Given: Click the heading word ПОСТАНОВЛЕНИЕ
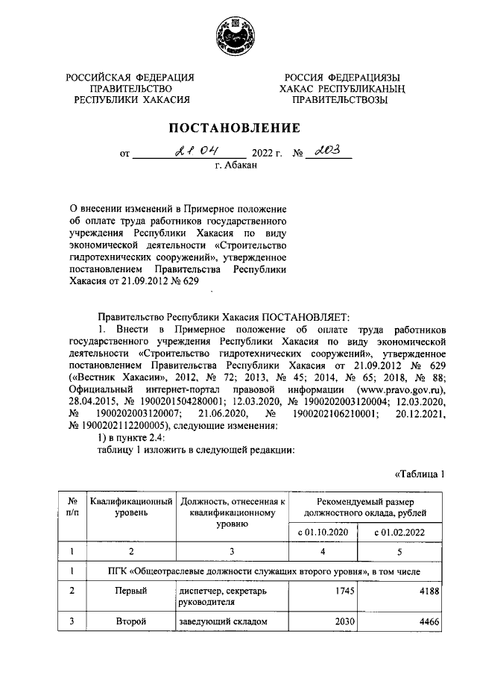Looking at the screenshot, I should coord(238,128).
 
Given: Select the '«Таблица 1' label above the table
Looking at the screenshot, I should coord(419,474).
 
